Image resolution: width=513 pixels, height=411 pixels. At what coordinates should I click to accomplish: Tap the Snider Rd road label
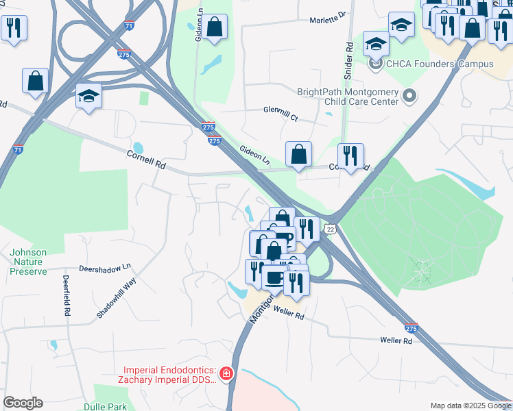point(349,60)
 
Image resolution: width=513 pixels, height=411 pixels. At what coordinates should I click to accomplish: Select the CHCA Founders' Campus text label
point(440,64)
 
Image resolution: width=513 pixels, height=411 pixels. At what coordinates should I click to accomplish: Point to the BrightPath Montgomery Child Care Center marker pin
point(410,96)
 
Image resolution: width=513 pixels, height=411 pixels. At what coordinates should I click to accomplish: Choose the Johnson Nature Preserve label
point(29,262)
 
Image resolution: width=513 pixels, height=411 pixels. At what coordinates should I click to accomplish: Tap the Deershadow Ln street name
point(105,268)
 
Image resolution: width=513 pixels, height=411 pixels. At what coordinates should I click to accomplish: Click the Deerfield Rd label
point(67,295)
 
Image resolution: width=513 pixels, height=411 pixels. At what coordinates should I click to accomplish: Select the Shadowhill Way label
point(117,298)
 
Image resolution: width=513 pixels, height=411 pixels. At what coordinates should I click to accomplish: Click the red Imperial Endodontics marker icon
point(226,374)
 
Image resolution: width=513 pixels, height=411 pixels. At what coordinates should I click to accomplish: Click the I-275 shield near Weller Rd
point(411,327)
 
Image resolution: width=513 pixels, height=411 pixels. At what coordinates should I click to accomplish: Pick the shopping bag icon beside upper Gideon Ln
point(215,27)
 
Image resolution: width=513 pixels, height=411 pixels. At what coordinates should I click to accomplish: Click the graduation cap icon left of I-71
point(88,95)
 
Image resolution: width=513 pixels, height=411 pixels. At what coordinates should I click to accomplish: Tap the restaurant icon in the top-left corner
point(14,27)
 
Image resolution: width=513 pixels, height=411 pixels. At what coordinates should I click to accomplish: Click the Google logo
point(23,403)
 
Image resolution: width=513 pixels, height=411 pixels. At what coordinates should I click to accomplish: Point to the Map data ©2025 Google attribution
point(470,406)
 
